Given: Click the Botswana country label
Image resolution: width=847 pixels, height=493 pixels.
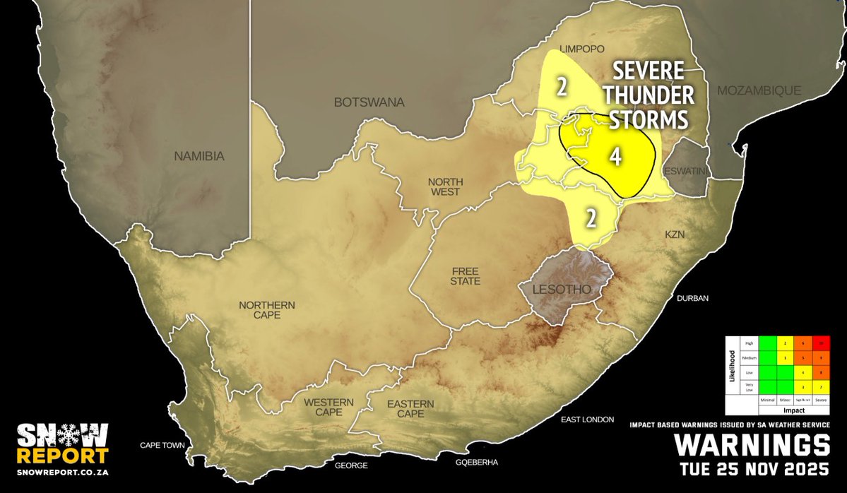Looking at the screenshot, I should click(x=369, y=102).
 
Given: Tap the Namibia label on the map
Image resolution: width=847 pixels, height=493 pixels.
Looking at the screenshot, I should click(x=199, y=156).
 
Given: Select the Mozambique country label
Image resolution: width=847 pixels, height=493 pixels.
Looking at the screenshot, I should click(x=759, y=90).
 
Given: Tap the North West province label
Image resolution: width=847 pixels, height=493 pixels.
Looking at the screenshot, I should click(x=444, y=186).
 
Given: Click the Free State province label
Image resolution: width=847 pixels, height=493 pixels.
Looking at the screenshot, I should click(x=466, y=276).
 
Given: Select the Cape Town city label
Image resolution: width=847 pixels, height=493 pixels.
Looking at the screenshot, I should click(x=162, y=446).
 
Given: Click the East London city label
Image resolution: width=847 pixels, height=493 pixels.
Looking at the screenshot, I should click(x=587, y=420).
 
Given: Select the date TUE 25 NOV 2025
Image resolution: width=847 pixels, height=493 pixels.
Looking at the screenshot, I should click(x=754, y=469).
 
